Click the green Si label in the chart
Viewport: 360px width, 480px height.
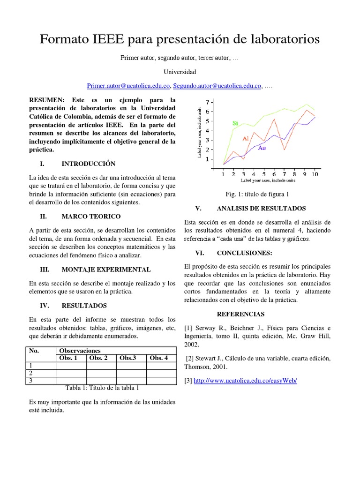tap(235, 123)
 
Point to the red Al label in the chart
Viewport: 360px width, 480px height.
tap(246, 138)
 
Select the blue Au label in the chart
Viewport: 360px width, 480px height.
tap(262, 148)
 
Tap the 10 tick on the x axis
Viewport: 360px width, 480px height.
tap(315, 174)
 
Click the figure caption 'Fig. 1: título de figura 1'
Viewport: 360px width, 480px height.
tap(257, 194)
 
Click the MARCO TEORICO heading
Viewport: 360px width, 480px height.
tap(91, 216)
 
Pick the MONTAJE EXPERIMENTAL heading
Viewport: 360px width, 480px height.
tap(106, 270)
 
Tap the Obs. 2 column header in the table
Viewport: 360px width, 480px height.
tap(99, 358)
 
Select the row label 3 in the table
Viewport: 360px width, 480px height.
tap(31, 381)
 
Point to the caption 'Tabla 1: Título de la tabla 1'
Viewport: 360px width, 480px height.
tap(102, 388)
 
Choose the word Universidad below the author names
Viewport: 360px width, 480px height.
tap(180, 72)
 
